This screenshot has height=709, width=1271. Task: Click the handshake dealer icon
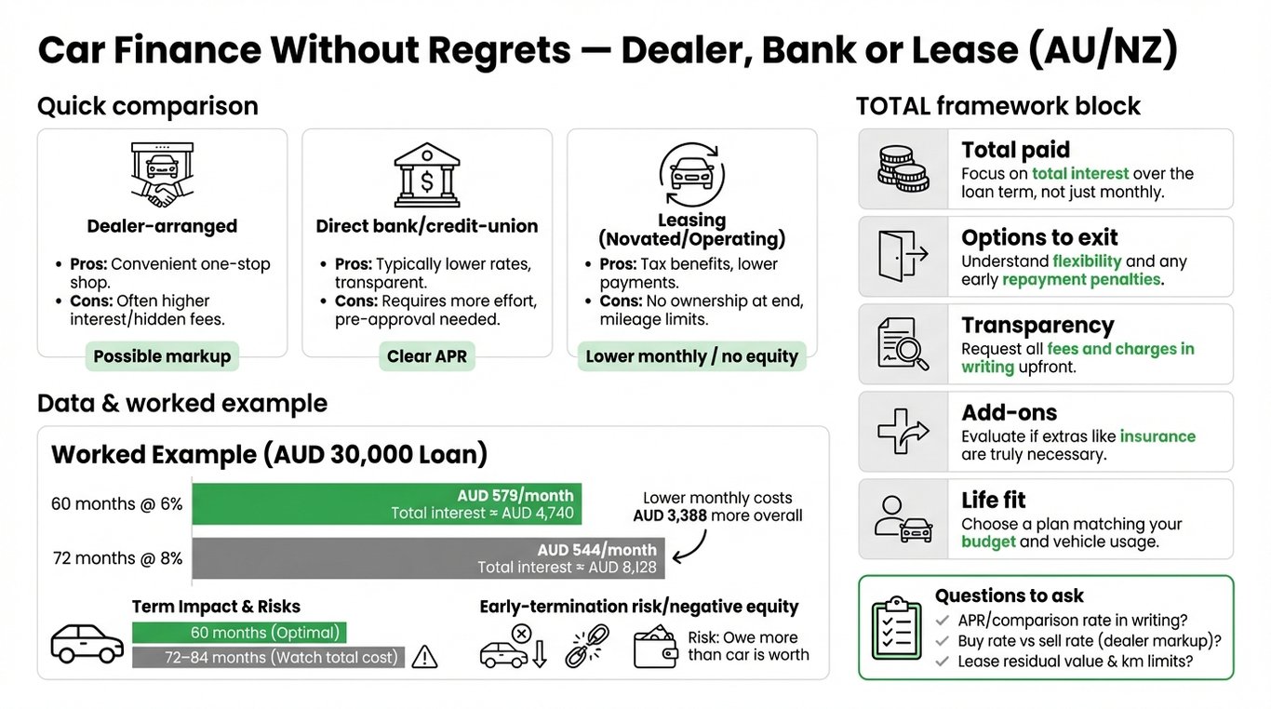(x=162, y=174)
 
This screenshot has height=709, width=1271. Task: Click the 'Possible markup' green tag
(x=162, y=356)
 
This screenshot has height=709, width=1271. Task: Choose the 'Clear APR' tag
(x=426, y=356)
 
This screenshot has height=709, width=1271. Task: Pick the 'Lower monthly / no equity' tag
(x=691, y=356)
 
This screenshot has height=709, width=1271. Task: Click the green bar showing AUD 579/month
(x=387, y=503)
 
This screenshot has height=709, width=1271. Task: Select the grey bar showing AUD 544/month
(x=428, y=558)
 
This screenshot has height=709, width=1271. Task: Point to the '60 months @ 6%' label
(x=117, y=504)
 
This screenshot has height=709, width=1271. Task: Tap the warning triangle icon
(x=424, y=657)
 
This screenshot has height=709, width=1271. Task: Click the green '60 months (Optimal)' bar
(x=239, y=633)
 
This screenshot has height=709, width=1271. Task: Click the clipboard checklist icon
(x=895, y=628)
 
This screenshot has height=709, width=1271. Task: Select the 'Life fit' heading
(x=994, y=501)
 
